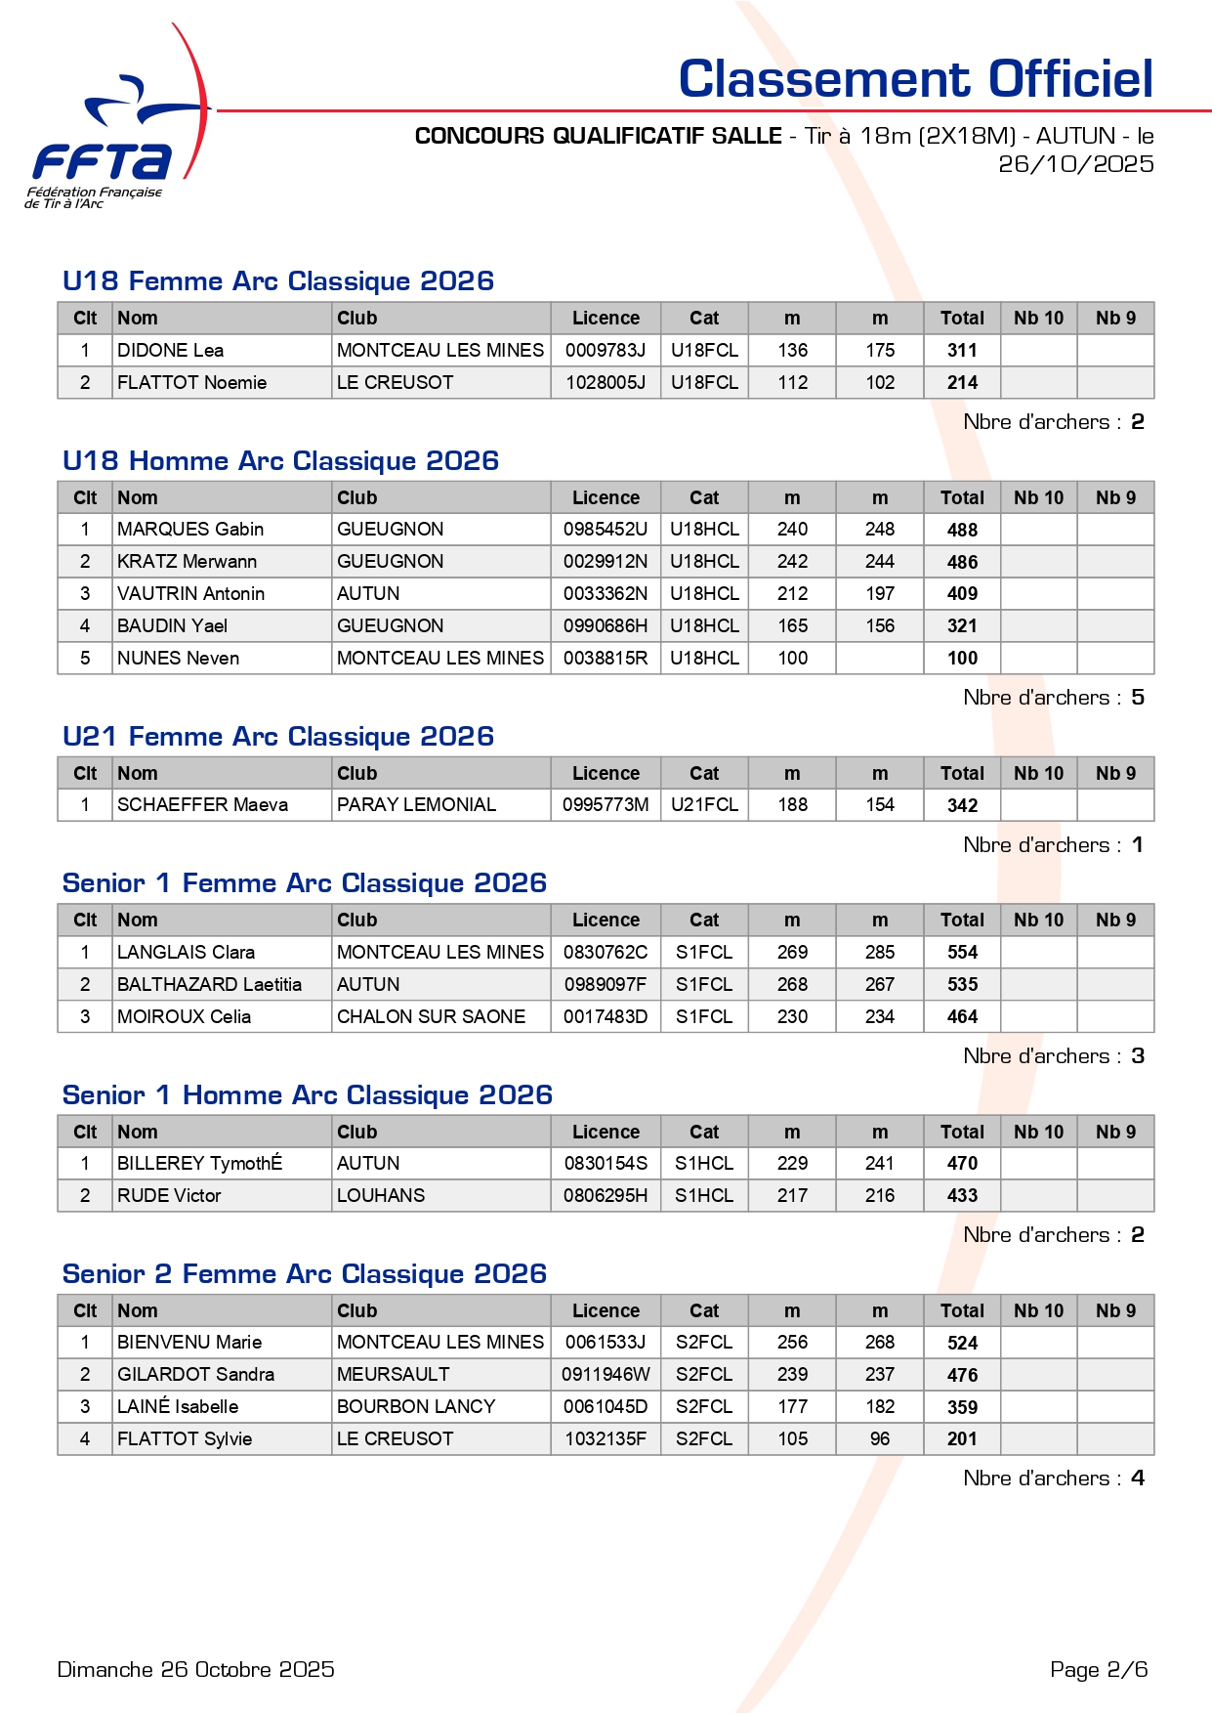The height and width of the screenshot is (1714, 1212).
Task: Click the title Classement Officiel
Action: coord(915,79)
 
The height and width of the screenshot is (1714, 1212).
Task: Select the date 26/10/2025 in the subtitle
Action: coord(1075,164)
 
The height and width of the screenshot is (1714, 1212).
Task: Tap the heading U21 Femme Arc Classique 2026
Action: coord(278,737)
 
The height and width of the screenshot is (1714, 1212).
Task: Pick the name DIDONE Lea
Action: coord(171,350)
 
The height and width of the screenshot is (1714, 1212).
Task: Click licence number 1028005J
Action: coord(606,382)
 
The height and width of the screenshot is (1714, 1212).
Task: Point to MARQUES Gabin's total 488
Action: coord(962,530)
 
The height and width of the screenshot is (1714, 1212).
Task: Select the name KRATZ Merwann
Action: coord(188,562)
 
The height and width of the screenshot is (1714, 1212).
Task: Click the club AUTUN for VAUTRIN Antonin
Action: coord(368,594)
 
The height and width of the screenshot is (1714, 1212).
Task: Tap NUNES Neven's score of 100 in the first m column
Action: coord(792,659)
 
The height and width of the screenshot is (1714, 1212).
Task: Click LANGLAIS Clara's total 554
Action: coord(962,953)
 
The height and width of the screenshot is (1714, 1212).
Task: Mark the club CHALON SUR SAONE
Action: coord(431,1017)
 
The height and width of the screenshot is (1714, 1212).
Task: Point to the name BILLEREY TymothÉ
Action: coord(200,1164)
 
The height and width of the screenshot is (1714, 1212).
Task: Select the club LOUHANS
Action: coord(381,1196)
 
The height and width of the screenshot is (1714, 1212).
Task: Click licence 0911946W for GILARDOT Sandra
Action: coord(606,1375)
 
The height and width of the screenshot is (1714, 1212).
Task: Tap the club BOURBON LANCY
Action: coord(416,1407)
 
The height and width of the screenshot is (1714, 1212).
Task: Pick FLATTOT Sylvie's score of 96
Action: coord(880,1439)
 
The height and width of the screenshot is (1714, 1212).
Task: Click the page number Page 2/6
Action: coord(1099,1670)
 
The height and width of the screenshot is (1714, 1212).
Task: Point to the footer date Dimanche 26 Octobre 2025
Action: coord(196,1670)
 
